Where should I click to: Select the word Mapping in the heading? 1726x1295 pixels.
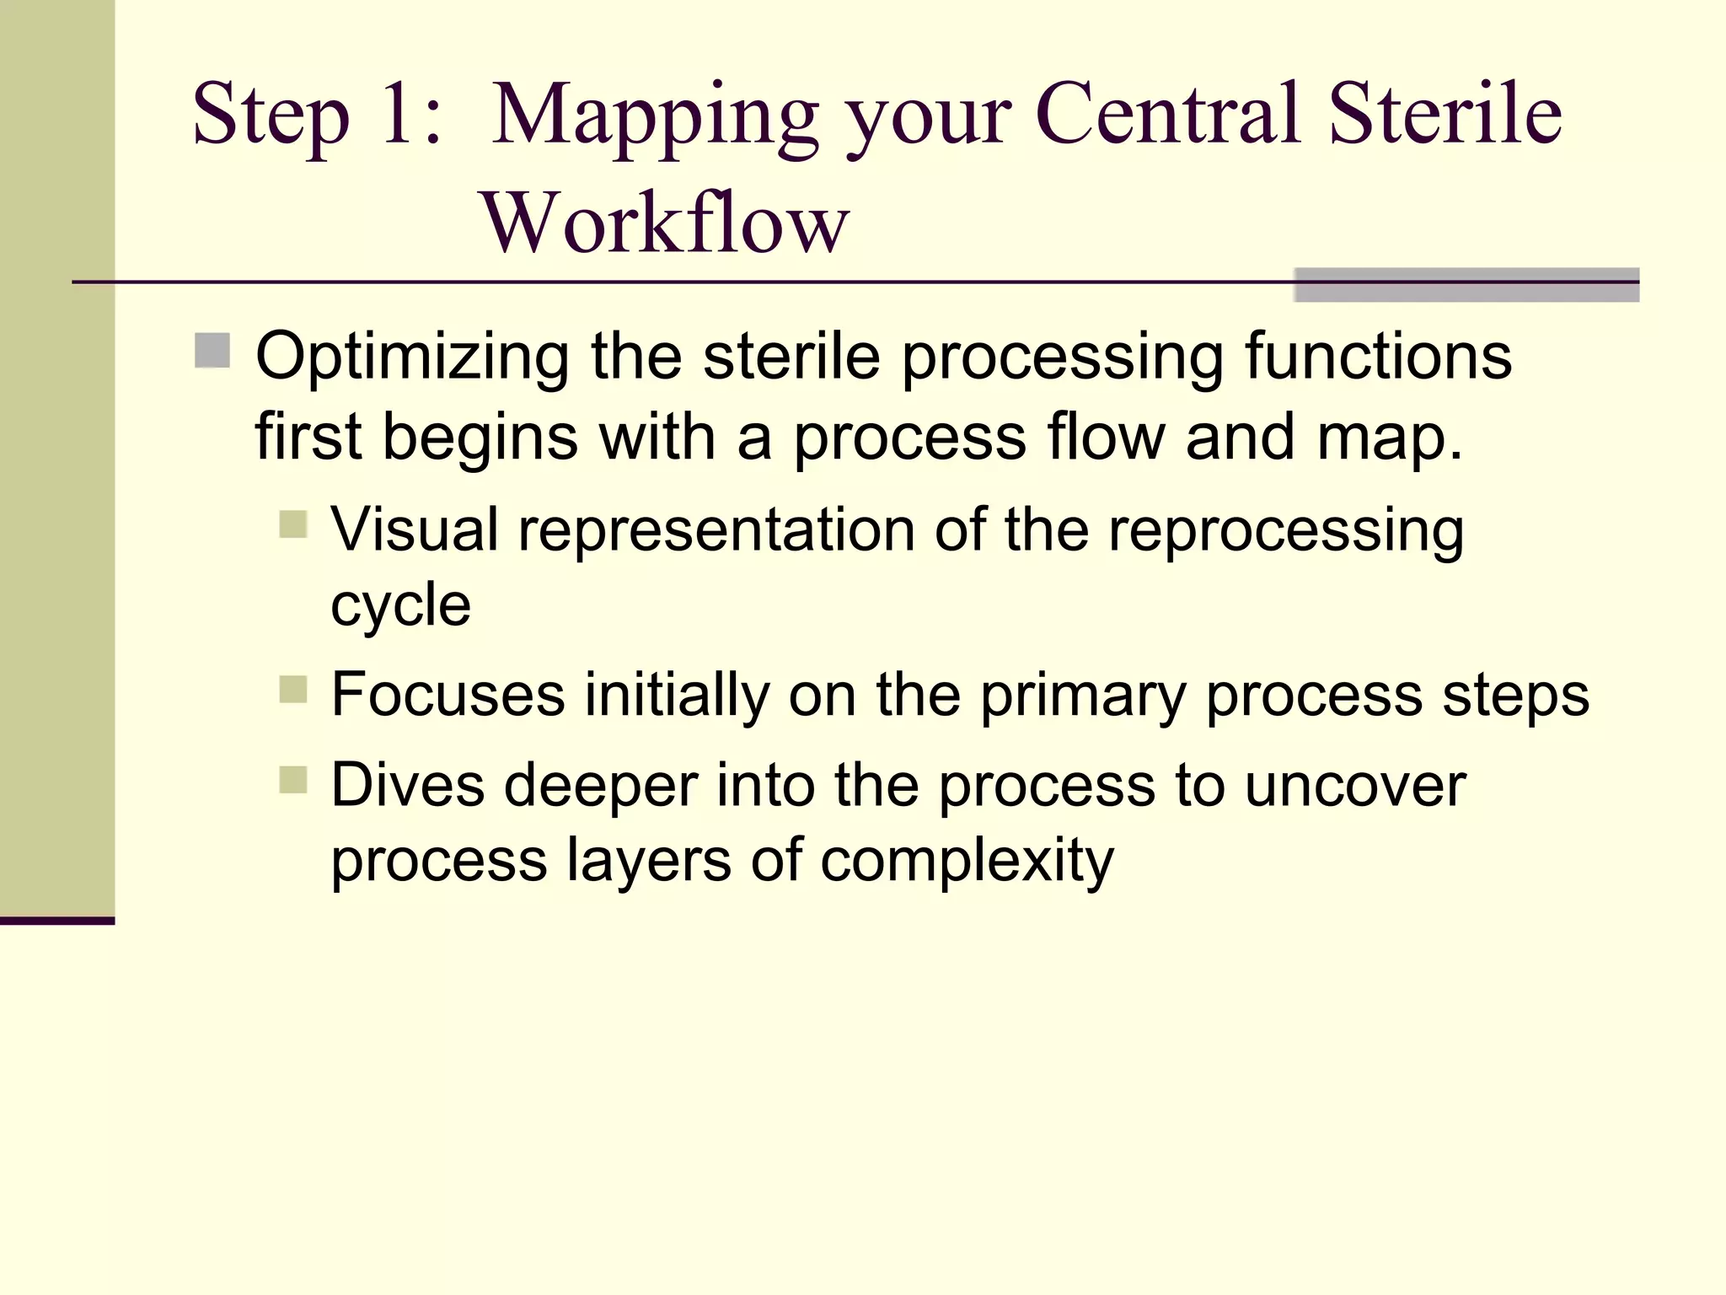tap(654, 118)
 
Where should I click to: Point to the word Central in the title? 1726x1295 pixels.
tap(1171, 114)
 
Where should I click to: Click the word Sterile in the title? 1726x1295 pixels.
tap(1445, 114)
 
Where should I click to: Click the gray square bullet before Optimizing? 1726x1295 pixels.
tap(212, 351)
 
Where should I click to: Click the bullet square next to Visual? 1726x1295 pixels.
tap(293, 524)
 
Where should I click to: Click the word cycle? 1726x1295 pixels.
tap(400, 605)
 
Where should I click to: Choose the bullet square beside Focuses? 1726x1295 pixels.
tap(293, 689)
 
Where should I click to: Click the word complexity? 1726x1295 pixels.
tap(967, 862)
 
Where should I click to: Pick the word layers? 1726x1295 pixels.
tap(648, 862)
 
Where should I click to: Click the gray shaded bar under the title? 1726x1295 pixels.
tap(1466, 286)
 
